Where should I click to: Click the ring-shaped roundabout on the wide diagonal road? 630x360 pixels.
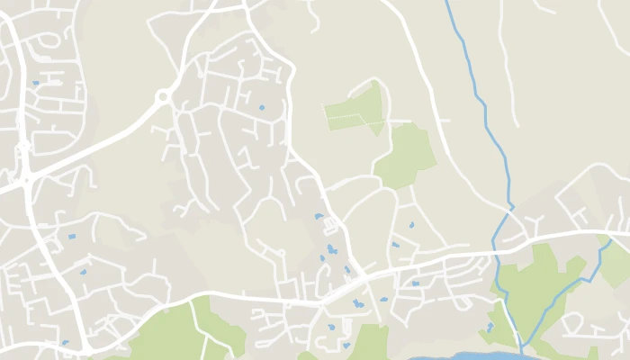[x=163, y=96]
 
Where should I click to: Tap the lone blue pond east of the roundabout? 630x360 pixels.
[x=262, y=108]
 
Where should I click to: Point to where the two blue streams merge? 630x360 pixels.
[x=521, y=346]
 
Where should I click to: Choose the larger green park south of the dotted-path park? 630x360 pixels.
[x=404, y=155]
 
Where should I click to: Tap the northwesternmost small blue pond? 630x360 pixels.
[x=36, y=83]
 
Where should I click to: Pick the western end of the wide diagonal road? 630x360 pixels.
[x=4, y=190]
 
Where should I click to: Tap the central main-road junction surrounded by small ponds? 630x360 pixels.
[x=360, y=274]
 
